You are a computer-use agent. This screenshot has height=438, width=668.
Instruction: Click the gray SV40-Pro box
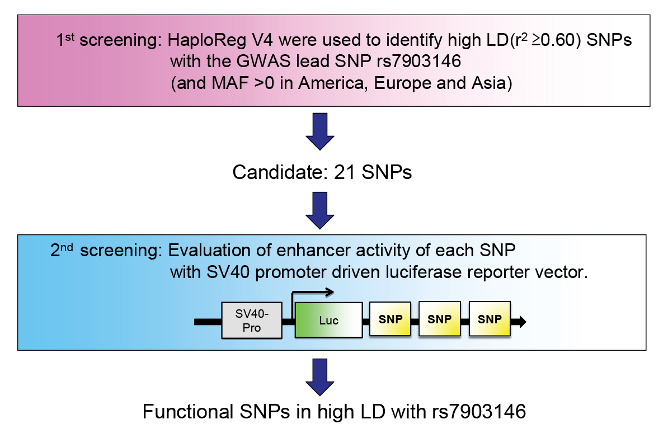coord(252,321)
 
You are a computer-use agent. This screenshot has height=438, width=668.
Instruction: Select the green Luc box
coord(328,320)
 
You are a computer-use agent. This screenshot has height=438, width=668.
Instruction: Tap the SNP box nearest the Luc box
coord(391,319)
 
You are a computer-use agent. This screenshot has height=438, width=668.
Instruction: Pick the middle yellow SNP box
coord(440,319)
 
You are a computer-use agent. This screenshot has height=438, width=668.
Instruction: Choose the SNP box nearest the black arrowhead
coord(490,319)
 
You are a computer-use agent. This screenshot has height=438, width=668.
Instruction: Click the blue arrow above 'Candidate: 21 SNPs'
coord(320,131)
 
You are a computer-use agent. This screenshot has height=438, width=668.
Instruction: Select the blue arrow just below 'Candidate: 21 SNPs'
coord(320,210)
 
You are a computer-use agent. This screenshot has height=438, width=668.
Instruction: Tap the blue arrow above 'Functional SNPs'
coord(320,377)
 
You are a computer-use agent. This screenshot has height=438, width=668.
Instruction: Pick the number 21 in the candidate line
coord(345,172)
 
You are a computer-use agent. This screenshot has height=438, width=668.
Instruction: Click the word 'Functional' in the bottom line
coord(188,412)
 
